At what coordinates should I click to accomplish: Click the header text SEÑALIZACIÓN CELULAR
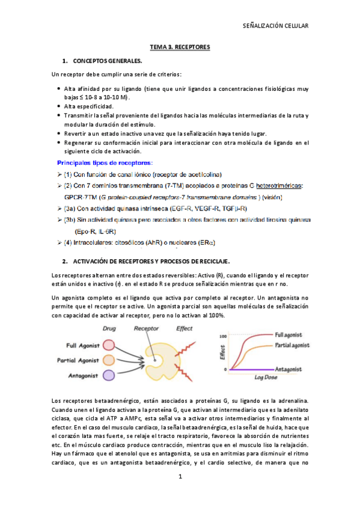click(275, 26)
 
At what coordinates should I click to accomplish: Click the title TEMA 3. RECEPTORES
click(180, 46)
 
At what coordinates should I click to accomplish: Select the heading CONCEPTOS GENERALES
click(108, 61)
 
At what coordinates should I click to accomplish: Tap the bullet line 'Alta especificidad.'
click(88, 106)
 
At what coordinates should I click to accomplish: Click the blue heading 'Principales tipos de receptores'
click(105, 162)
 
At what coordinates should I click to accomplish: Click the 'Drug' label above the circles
click(109, 329)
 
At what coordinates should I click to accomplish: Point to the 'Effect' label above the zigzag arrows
click(185, 329)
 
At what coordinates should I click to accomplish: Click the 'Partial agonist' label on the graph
click(297, 346)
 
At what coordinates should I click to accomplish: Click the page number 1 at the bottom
click(180, 476)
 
